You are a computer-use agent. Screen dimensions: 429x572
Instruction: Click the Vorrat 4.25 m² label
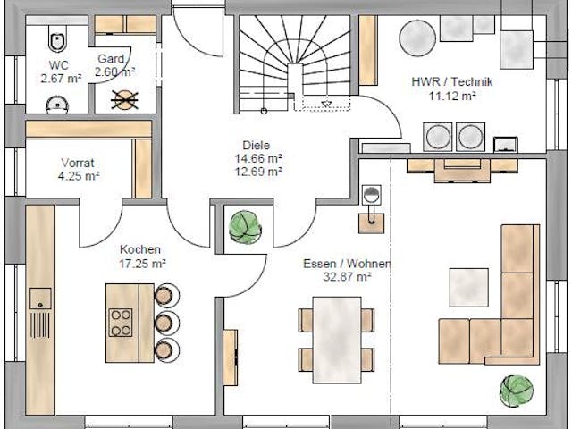79,170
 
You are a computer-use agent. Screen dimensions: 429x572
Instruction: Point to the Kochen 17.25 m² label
141,257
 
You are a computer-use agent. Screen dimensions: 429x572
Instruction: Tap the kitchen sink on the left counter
40,299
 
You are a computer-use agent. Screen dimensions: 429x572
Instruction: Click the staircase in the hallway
295,63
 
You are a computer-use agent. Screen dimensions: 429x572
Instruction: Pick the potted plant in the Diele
245,227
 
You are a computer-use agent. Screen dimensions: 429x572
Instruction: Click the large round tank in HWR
416,38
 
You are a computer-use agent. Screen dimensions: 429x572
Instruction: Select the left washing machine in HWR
438,137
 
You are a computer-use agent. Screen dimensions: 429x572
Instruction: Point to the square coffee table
468,287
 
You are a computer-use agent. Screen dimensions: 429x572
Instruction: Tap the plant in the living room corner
517,391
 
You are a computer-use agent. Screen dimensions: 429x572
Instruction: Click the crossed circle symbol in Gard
122,98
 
